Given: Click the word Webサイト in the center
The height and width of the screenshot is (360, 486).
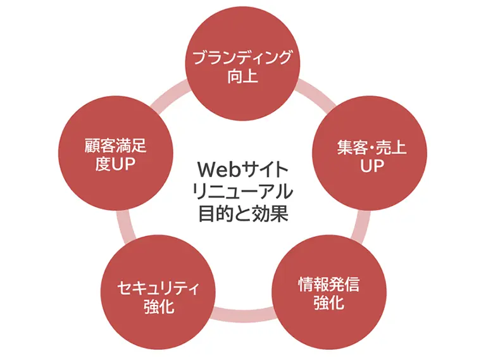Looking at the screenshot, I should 243,170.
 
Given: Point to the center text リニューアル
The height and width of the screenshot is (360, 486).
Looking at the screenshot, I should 243,191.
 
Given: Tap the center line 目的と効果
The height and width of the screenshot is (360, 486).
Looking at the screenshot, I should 243,213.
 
